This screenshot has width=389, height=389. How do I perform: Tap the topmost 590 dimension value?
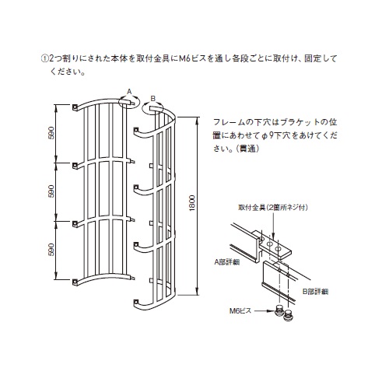51,133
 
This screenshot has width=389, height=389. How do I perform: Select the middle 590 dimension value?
51,191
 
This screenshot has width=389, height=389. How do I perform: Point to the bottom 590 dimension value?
51,250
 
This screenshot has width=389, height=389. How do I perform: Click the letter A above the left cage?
129,92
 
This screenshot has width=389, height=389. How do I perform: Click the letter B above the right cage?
153,99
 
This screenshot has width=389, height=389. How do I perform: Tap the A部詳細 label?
227,262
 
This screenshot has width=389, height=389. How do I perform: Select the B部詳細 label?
315,292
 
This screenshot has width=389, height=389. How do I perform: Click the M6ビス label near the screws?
240,310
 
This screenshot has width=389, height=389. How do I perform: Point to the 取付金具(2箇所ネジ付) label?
273,208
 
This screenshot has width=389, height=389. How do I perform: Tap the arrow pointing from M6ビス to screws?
264,310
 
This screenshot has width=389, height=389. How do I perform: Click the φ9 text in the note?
267,135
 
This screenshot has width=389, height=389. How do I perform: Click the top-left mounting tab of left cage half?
75,107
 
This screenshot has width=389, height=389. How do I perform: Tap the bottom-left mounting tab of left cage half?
75,282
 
